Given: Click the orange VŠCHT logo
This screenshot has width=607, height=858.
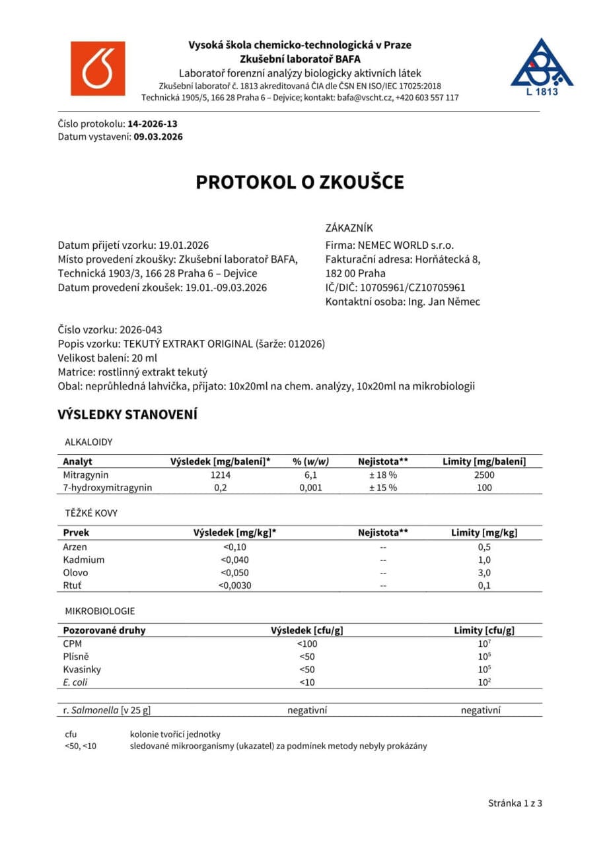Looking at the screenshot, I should point(98,69).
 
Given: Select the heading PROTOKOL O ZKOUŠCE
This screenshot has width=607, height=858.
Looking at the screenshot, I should point(299,182).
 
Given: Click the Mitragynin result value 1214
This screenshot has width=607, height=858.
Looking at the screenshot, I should point(221,475).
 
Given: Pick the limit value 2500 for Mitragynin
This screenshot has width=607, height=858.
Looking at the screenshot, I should point(484,475).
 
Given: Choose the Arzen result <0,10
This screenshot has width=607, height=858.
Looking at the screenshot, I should point(234,547).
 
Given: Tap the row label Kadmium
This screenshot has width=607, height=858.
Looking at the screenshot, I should point(83,560).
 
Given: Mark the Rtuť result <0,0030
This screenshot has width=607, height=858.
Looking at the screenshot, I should point(234,585).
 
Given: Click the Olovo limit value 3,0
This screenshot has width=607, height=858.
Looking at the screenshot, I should point(484,573).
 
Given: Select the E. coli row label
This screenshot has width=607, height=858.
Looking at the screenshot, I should point(75,682).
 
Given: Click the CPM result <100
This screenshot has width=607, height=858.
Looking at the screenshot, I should point(306,643).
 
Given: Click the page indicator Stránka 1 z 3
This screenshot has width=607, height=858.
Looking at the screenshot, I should point(515,803).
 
